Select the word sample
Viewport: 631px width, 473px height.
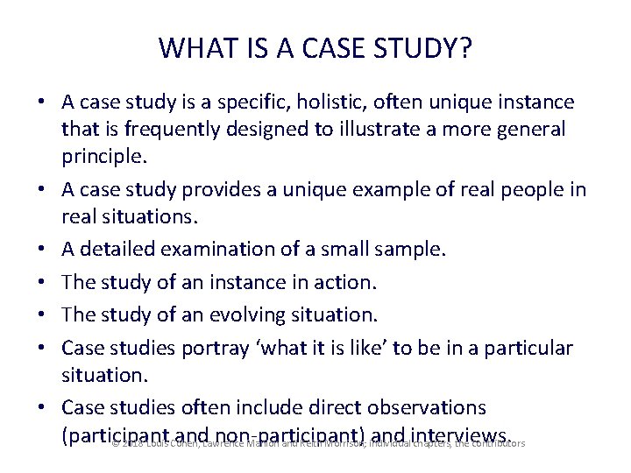click(x=411, y=249)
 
